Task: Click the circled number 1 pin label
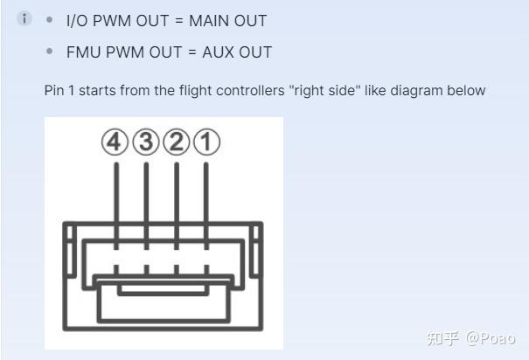click(x=207, y=142)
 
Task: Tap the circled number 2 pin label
click(x=177, y=142)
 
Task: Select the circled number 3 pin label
click(x=146, y=142)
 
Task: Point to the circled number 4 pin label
click(x=115, y=142)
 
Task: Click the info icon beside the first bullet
click(x=24, y=18)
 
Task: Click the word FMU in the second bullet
click(x=84, y=52)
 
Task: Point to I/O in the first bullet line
click(x=77, y=21)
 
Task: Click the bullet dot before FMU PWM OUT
click(x=50, y=52)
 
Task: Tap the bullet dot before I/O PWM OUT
click(x=50, y=19)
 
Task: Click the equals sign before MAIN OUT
click(x=179, y=21)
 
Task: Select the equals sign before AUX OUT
click(x=192, y=52)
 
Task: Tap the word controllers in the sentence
click(x=250, y=90)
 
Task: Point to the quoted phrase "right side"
click(x=325, y=91)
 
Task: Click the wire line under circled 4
click(x=116, y=206)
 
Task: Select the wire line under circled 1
click(x=206, y=206)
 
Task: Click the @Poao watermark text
click(x=491, y=338)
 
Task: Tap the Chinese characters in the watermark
click(x=443, y=338)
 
